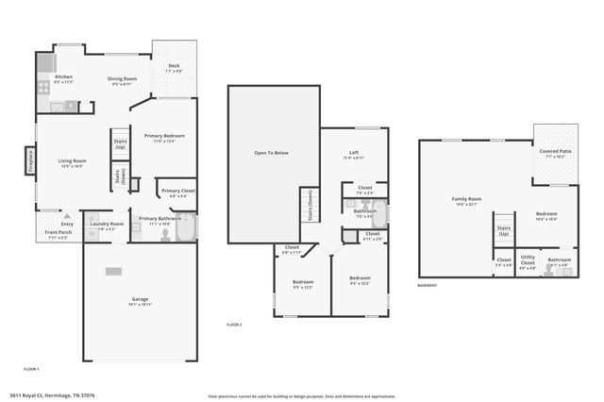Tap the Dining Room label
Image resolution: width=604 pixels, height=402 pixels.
(x=122, y=80)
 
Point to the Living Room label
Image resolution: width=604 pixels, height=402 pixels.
(x=73, y=163)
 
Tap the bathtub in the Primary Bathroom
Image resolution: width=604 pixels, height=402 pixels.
(x=186, y=228)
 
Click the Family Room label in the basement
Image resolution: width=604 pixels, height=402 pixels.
(x=466, y=200)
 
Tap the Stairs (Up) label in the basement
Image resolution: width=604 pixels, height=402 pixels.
(x=504, y=230)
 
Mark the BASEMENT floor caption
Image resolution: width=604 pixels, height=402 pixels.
(x=428, y=285)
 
